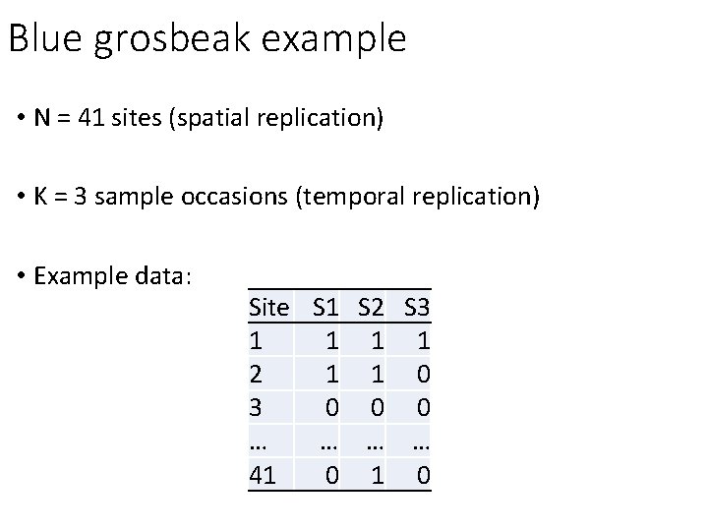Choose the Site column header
[x=270, y=308]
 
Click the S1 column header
[x=326, y=308]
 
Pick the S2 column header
[x=372, y=308]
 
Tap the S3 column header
[x=417, y=308]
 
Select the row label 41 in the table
[x=264, y=476]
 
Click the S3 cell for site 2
[x=422, y=375]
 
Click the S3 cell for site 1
[x=422, y=341]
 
